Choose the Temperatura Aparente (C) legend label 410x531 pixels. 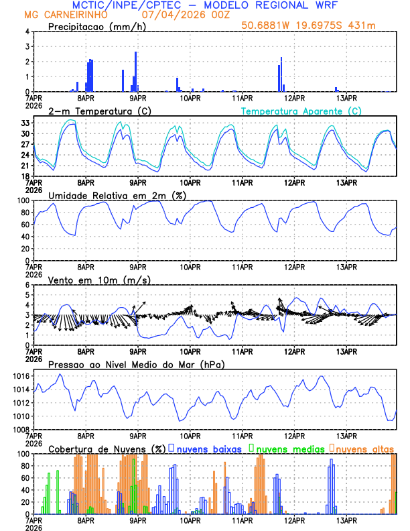tap(301, 111)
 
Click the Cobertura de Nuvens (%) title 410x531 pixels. tap(107, 449)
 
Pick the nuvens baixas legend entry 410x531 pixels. tap(208, 449)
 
